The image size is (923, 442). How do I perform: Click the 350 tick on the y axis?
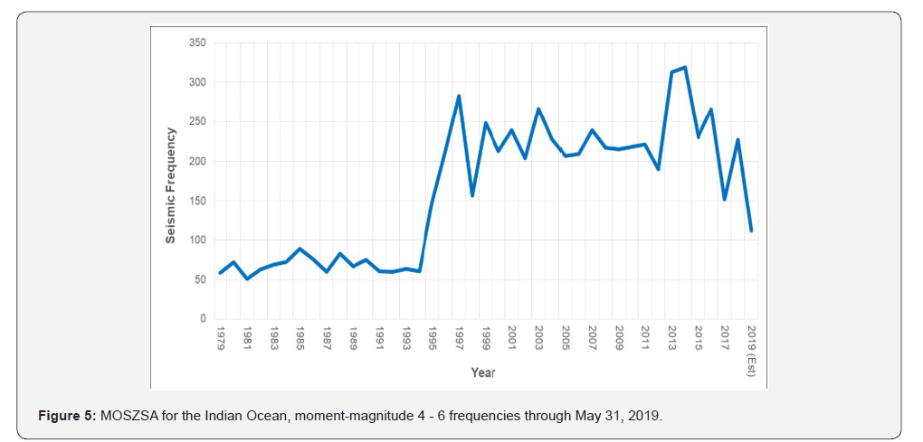[196, 42]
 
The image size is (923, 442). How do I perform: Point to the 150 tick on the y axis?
[196, 201]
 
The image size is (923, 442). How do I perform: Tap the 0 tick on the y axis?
[202, 319]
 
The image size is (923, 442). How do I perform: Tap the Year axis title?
[482, 371]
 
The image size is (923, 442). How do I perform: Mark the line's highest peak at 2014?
[685, 67]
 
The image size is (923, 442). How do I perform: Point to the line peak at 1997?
[459, 96]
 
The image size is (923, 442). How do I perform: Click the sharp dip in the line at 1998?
[472, 195]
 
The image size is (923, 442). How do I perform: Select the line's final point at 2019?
[751, 230]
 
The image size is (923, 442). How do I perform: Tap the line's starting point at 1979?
[220, 273]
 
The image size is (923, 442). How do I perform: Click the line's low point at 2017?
[725, 199]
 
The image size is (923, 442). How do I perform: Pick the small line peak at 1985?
[300, 249]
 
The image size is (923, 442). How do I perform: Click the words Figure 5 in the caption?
[65, 416]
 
